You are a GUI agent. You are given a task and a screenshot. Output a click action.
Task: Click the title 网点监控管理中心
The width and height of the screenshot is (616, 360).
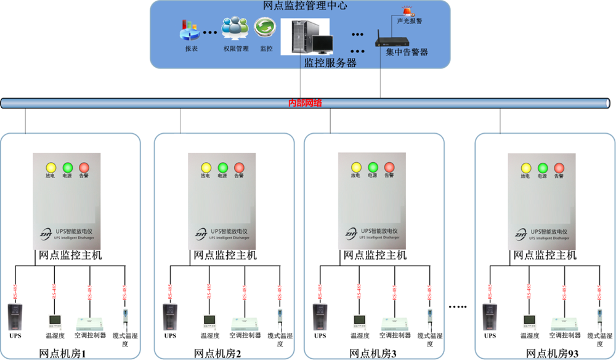click(300, 7)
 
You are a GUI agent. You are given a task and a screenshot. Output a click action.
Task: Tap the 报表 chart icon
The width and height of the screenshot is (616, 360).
click(189, 29)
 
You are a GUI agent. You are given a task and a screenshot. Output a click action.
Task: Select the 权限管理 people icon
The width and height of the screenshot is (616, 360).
click(235, 28)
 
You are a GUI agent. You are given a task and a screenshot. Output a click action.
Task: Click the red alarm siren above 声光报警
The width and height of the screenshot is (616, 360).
click(406, 10)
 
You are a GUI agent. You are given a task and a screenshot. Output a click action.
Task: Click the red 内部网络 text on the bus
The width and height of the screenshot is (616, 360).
click(306, 103)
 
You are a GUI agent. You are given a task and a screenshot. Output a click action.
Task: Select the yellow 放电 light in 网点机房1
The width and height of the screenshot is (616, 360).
click(51, 167)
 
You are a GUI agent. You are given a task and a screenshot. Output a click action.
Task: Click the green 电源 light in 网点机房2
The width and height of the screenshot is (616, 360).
click(222, 167)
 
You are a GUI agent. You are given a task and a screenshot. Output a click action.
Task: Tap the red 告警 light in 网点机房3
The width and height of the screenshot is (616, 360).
click(389, 167)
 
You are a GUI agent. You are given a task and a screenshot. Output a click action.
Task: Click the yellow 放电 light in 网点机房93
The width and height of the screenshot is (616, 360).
click(525, 167)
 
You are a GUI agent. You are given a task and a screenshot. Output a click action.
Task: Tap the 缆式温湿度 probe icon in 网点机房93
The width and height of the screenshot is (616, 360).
click(599, 318)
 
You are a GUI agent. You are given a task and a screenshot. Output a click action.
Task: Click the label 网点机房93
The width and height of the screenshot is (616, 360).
click(543, 353)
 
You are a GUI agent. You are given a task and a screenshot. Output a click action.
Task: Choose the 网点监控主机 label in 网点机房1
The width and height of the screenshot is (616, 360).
click(70, 255)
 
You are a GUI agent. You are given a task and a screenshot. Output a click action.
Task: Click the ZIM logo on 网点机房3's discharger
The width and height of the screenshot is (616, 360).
click(350, 234)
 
